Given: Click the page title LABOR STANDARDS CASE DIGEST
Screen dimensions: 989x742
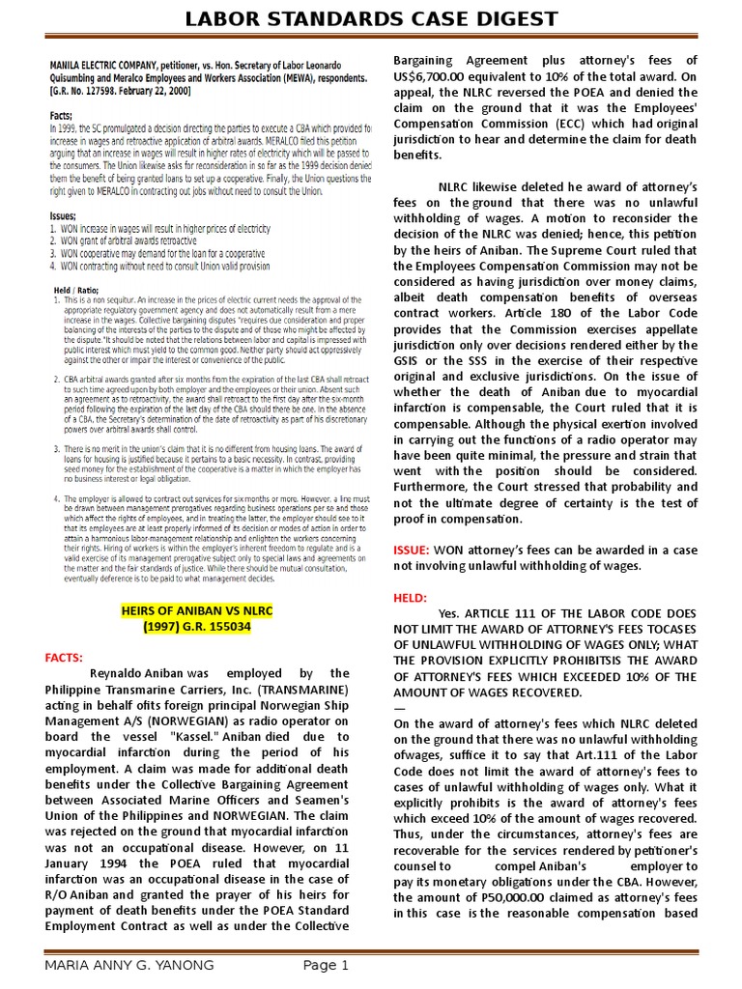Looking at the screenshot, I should click(371, 19).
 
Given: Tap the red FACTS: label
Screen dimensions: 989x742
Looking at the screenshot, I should click(65, 657).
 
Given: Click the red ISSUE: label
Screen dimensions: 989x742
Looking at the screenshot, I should click(410, 550).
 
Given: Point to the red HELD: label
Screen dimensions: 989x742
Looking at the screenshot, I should click(410, 598).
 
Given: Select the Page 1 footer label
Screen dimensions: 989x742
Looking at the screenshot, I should click(326, 965).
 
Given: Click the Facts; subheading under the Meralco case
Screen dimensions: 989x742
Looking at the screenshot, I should click(63, 113).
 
